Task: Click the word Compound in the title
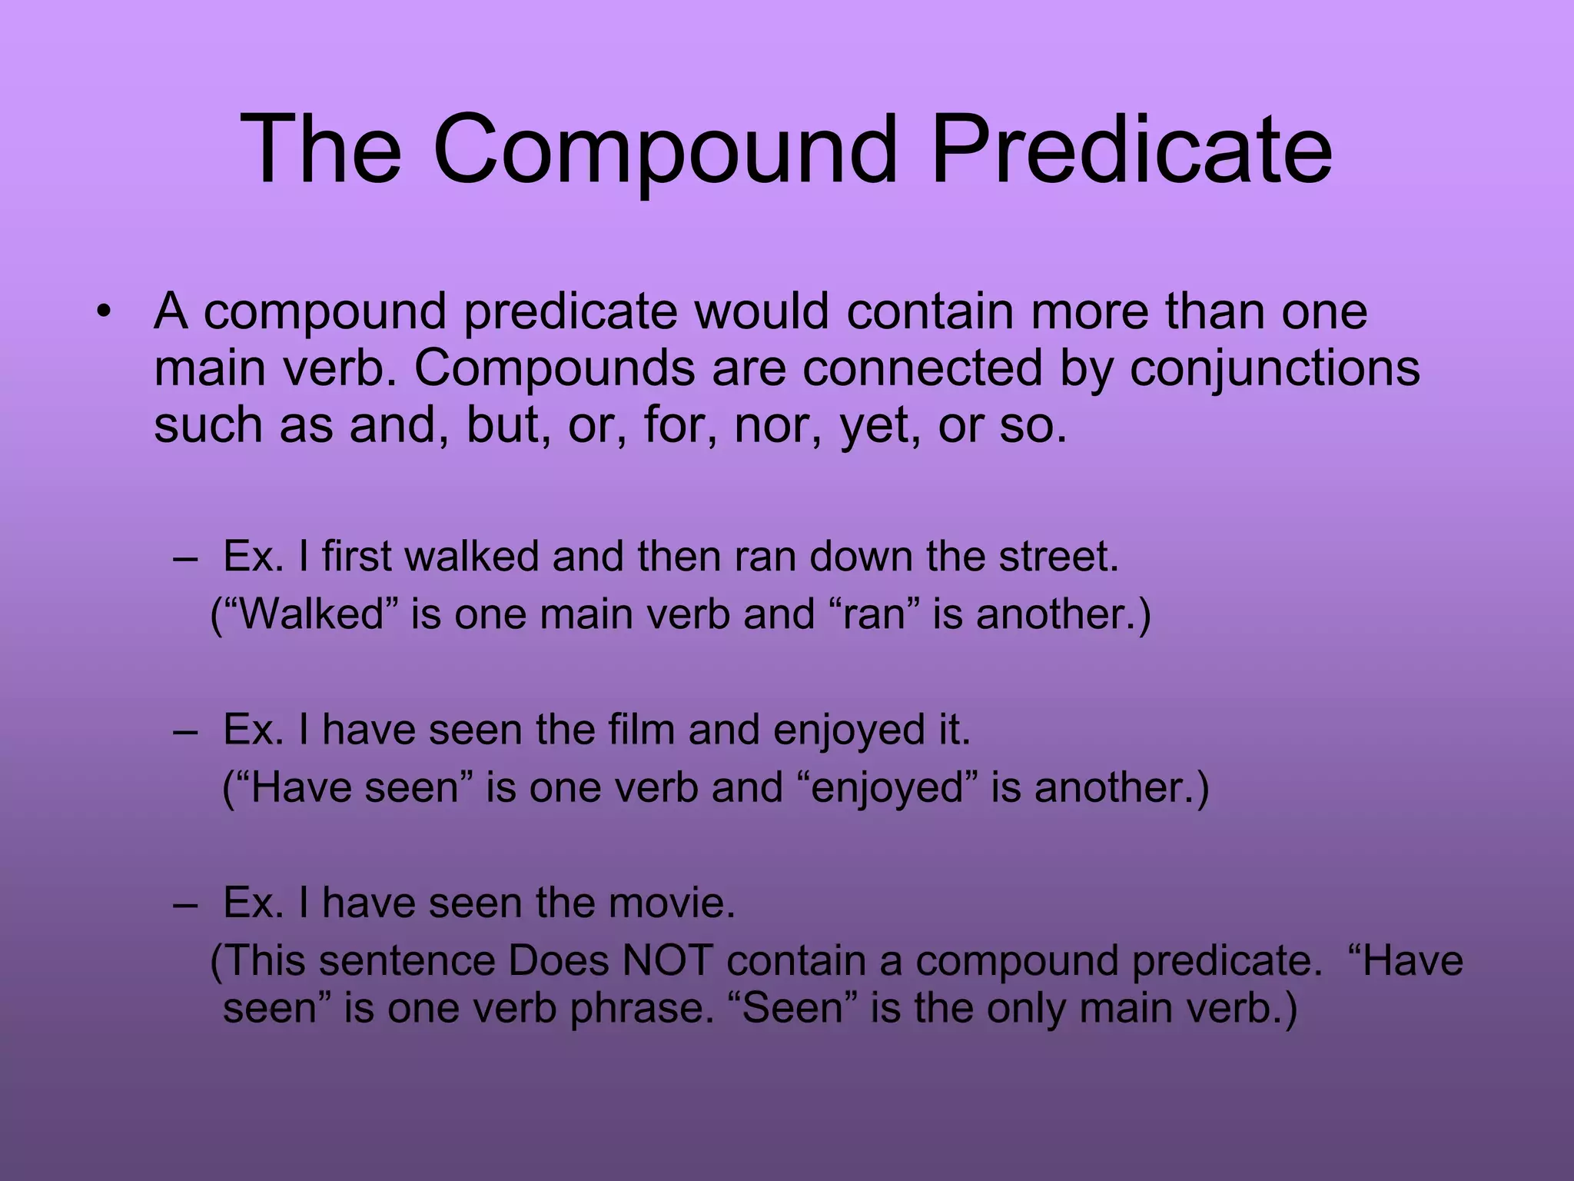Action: pos(665,149)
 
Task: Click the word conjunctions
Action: pos(1274,369)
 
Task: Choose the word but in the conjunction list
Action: pos(508,425)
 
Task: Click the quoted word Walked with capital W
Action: pos(312,614)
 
